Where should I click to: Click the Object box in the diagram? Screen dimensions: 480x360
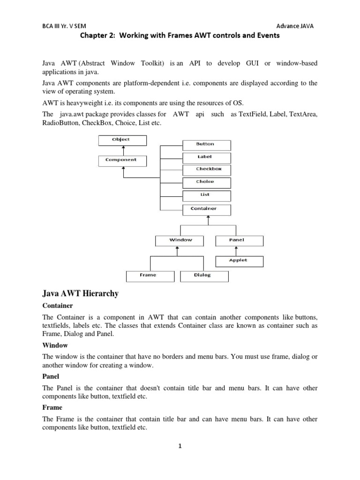(122, 140)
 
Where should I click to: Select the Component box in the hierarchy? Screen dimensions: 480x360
(122, 161)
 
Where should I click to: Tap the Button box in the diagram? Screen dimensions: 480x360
(206, 145)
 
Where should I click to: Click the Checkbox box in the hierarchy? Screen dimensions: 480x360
(206, 170)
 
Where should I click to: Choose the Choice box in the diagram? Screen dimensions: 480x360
(206, 182)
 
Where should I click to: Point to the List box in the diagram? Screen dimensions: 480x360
(206, 195)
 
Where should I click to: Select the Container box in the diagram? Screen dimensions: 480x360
(206, 209)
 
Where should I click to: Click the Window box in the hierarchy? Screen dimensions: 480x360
(180, 241)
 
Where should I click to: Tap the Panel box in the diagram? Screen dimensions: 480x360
(239, 241)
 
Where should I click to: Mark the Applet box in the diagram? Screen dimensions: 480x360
(239, 261)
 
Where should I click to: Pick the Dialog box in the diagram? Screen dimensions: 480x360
(204, 276)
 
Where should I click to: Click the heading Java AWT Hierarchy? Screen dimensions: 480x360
(80, 294)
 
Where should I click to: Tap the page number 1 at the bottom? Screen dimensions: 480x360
(180, 446)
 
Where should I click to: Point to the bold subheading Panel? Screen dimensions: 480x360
(51, 376)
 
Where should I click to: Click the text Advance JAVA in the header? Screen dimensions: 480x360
(295, 26)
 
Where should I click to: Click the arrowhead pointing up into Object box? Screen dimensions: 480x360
(123, 147)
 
